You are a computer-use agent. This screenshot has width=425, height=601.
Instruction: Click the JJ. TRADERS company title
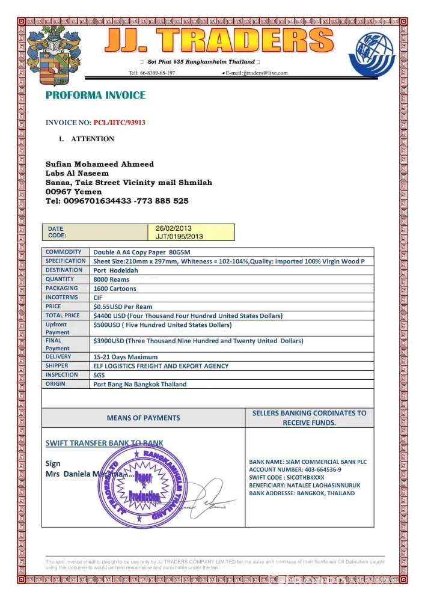pos(220,41)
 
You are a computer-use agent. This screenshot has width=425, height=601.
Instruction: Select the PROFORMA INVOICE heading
pos(96,96)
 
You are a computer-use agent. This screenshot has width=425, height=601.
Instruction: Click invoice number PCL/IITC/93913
pos(119,123)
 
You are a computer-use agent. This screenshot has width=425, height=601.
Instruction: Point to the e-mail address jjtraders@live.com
pos(257,73)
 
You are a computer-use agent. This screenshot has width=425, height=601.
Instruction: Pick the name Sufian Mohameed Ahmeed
pos(100,164)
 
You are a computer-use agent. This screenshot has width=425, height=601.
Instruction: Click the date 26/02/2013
pos(173,228)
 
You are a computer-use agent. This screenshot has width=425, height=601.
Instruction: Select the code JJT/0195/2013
pos(179,236)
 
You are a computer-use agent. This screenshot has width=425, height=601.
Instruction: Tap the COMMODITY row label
pos(64,252)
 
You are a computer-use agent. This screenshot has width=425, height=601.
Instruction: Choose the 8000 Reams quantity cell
pos(111,279)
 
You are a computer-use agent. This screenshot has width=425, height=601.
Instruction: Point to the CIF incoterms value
pos(98,297)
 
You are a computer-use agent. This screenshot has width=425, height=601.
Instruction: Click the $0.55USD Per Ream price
pos(123,307)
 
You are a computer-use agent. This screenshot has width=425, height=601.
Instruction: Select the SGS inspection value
pos(100,375)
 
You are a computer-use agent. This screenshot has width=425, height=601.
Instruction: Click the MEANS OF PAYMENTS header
pos(143,418)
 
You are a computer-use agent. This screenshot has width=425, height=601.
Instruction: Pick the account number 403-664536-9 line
pos(295,469)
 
